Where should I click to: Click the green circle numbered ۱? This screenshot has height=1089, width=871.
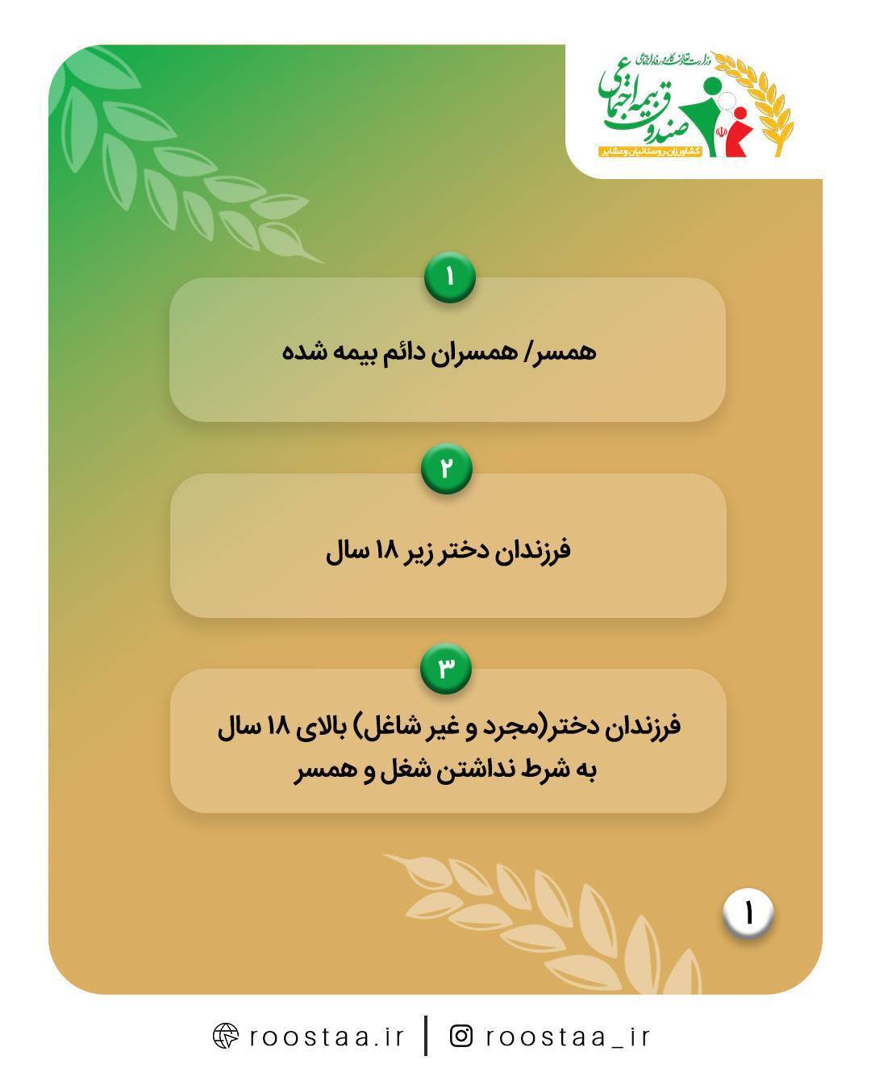[449, 277]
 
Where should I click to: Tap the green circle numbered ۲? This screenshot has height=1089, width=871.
[446, 468]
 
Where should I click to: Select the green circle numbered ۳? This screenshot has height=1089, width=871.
[445, 667]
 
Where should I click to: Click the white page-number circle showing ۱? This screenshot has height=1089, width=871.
[748, 914]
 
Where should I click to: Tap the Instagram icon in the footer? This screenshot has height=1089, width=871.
[461, 1035]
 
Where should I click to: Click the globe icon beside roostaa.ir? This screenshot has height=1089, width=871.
[225, 1036]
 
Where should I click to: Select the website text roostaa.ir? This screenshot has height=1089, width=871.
[327, 1036]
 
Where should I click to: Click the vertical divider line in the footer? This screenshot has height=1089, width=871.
[426, 1036]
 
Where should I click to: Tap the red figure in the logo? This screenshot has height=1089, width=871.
[736, 132]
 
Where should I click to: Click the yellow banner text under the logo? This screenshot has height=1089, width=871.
[649, 151]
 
